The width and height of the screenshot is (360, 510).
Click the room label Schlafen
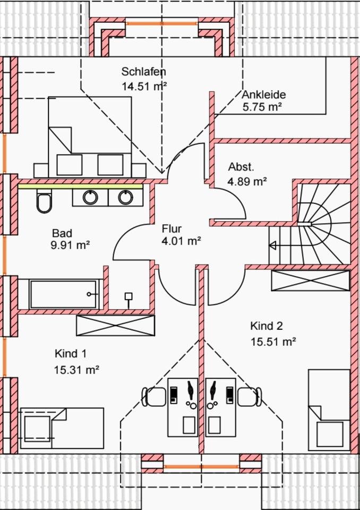tap(144, 72)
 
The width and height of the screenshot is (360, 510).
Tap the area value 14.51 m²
tap(144, 86)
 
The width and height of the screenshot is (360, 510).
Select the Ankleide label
tap(264, 95)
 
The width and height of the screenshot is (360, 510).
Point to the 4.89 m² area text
tap(247, 181)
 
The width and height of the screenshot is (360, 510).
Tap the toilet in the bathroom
tap(44, 201)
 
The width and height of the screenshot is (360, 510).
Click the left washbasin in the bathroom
tap(90, 198)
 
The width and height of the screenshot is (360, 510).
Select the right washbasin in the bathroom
tap(125, 198)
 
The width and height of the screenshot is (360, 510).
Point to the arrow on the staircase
tap(273, 245)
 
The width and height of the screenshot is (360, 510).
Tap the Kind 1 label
tap(71, 354)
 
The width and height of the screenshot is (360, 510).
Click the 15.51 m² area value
tap(273, 342)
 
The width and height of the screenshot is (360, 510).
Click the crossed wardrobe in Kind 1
tap(116, 325)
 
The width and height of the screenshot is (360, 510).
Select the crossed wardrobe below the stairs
tap(310, 280)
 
